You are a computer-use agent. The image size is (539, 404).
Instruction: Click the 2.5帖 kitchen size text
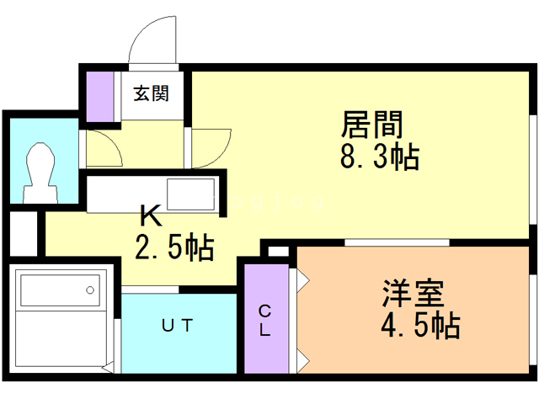coord(174,247)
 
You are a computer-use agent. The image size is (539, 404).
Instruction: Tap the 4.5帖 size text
coord(419,325)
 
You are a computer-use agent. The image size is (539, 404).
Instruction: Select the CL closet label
coord(264,321)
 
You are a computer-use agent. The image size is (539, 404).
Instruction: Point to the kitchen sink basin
coord(191,196)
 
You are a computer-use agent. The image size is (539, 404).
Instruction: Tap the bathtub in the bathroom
coord(58,294)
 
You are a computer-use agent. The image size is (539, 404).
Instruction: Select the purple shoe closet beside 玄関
coord(100,97)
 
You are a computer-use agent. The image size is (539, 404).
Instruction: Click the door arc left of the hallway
coord(106,150)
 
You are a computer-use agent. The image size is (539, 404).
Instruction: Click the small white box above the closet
coord(278,251)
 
